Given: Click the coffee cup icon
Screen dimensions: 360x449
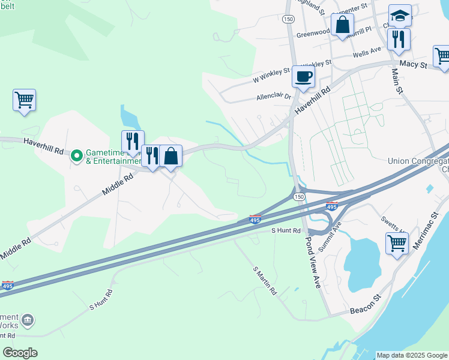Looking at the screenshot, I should tap(303, 77).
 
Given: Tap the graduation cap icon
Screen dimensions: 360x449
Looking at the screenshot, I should tap(399, 16).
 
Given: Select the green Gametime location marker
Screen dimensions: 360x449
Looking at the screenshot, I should tap(77, 156).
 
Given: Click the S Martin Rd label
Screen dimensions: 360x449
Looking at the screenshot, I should tap(265, 281).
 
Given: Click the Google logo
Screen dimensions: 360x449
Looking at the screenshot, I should tap(20, 353).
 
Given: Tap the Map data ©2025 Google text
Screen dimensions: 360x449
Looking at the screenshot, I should tap(412, 355).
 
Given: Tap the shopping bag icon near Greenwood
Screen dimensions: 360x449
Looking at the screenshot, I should tap(342, 25).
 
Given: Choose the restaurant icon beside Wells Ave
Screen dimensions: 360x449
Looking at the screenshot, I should tap(399, 39).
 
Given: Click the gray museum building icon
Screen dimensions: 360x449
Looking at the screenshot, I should tap(27, 321).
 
